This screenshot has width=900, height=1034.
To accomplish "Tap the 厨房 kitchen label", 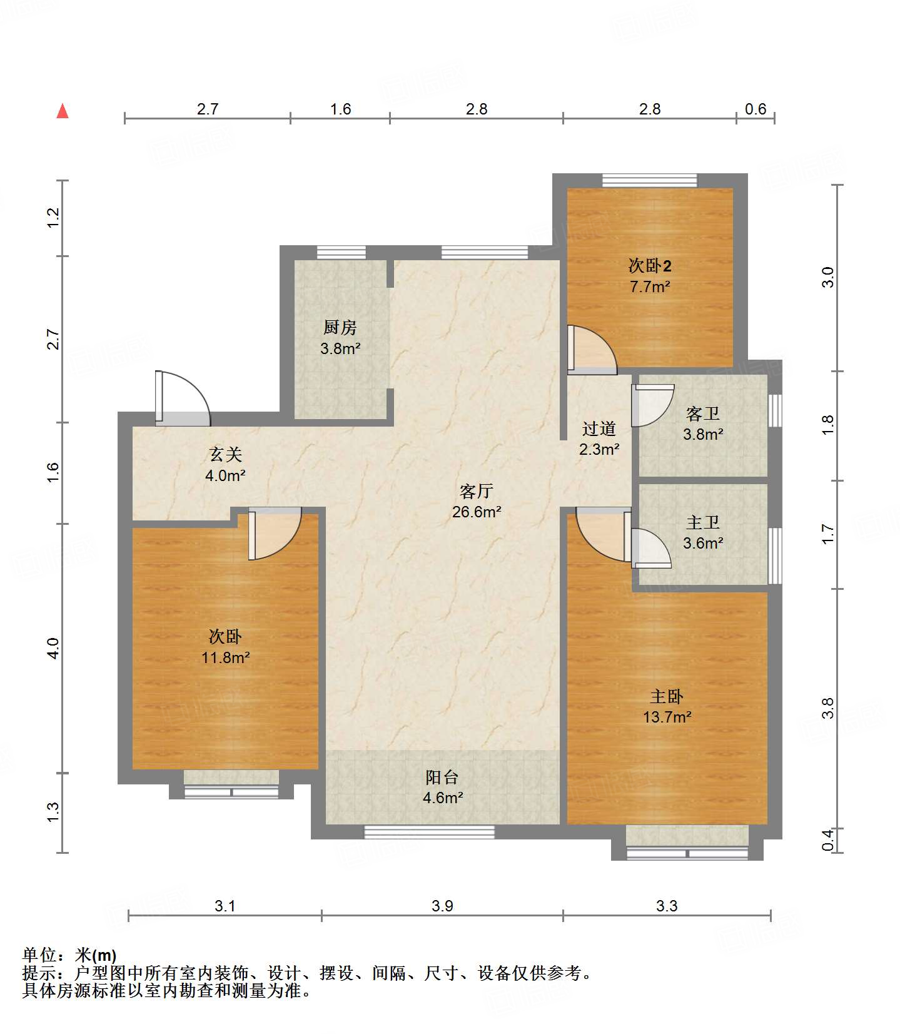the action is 340,327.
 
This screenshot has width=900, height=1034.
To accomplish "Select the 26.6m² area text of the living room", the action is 477,512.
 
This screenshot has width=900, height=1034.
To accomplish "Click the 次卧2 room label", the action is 650,266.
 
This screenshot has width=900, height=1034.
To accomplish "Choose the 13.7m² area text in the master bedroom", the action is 667,717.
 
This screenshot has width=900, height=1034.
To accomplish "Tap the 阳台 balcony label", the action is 442,777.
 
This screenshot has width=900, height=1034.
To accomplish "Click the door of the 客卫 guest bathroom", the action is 652,405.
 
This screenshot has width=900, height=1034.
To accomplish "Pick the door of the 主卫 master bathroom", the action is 651,549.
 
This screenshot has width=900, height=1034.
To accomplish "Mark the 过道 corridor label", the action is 599,428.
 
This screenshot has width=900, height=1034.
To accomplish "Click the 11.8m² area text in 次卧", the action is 226,657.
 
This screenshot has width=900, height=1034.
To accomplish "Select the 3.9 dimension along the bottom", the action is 442,906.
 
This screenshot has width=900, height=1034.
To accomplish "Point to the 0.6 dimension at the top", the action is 756,109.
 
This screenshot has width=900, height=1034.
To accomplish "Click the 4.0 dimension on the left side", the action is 53,648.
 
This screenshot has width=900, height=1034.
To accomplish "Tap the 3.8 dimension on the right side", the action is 828,708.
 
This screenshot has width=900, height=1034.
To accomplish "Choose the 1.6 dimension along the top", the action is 340,109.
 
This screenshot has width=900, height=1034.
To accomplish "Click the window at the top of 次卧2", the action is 649,180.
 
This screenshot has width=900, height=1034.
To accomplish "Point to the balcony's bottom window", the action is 429,832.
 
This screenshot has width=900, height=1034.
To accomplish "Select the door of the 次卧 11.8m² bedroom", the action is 275,534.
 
